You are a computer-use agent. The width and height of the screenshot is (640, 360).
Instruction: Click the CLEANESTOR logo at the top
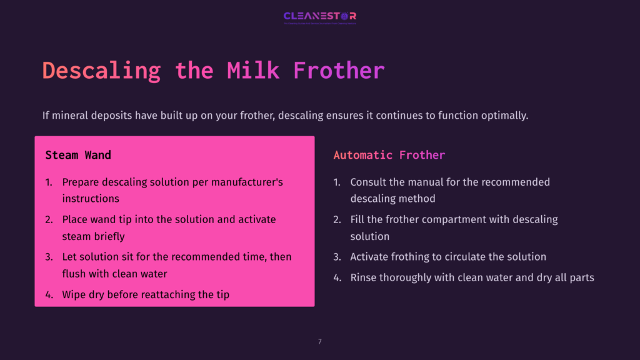point(319,16)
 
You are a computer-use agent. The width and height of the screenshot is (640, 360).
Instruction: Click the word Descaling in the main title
point(101,71)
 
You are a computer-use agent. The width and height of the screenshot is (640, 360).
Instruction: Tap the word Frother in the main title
point(339,71)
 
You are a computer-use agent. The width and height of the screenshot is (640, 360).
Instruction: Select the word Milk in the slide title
point(253,71)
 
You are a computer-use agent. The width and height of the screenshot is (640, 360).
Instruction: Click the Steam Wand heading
point(78,154)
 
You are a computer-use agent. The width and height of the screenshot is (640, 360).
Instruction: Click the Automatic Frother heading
point(389,155)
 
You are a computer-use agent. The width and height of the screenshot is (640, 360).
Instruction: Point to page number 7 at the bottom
point(320,341)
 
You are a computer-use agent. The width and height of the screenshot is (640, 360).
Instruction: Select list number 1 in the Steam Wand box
point(49,182)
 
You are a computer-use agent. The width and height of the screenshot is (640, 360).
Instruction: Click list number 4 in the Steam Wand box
point(49,294)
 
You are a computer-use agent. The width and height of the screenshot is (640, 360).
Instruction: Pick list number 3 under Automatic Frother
point(337,257)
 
